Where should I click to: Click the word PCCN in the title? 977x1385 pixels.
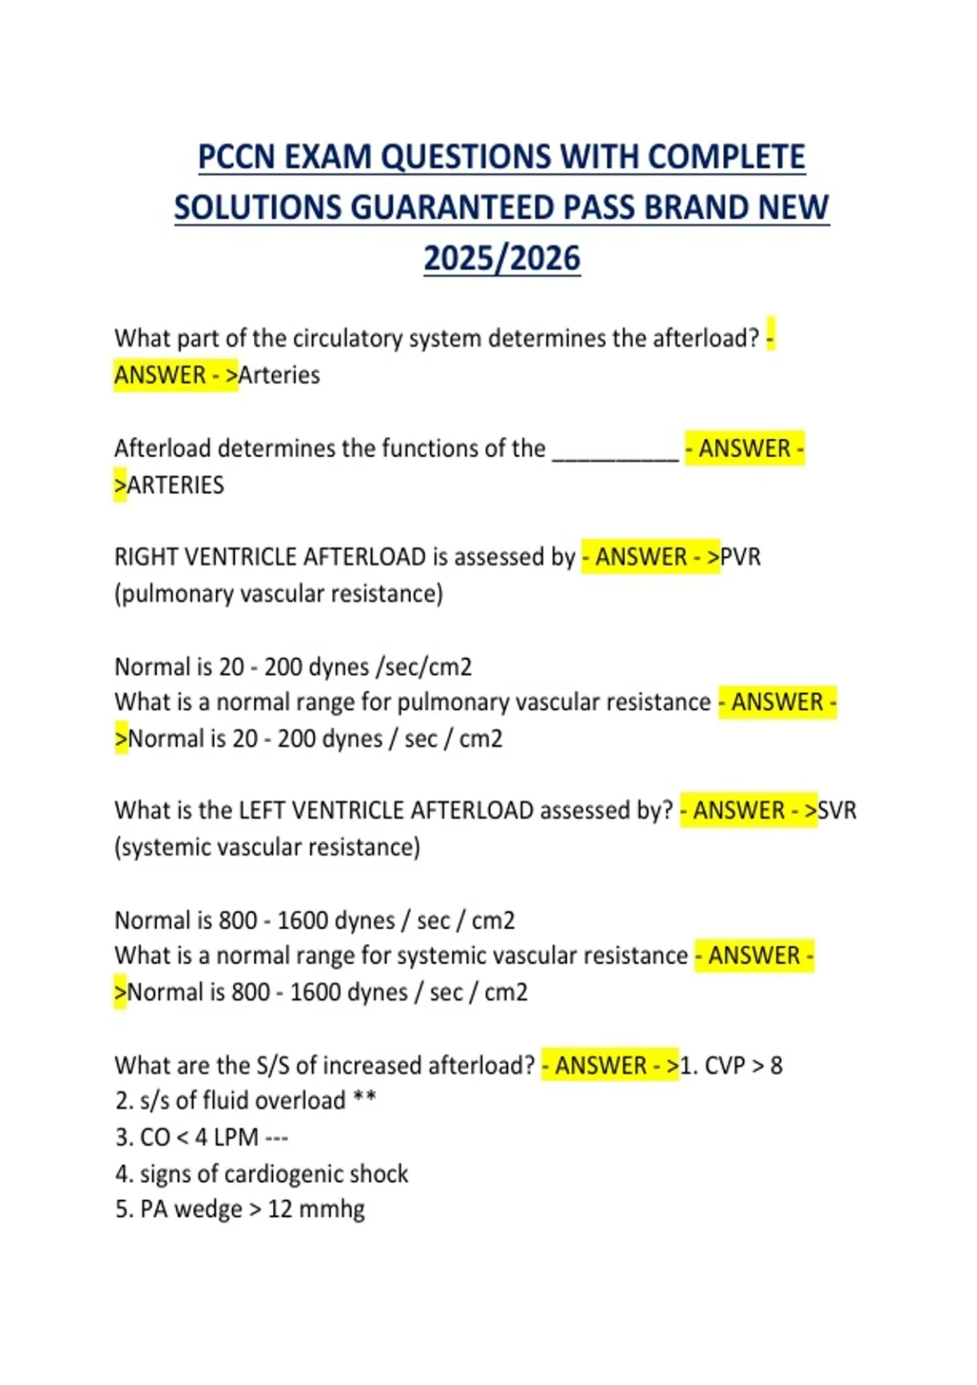237,157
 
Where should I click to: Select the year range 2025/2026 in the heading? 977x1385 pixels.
502,258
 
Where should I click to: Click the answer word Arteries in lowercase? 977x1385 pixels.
279,376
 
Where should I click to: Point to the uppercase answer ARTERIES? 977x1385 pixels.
176,486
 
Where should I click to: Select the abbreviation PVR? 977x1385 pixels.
741,557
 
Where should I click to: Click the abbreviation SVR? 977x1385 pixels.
837,811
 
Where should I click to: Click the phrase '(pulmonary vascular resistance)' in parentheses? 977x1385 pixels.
278,594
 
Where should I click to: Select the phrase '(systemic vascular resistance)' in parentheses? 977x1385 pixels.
267,847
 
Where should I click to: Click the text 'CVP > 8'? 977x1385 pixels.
743,1066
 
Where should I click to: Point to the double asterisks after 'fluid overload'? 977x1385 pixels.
364,1100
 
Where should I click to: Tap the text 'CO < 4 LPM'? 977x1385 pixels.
199,1137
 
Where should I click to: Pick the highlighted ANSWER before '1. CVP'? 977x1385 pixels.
601,1066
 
